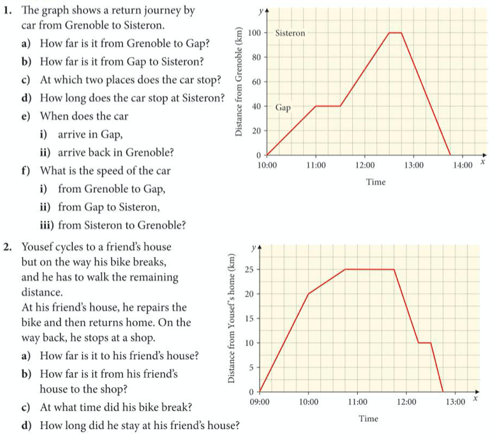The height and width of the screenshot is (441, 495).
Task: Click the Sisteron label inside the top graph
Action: pos(290,33)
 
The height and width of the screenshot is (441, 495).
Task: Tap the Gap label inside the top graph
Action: pos(283,108)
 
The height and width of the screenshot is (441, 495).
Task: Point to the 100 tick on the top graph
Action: pos(255,33)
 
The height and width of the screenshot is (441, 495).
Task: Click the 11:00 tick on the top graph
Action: pos(316,166)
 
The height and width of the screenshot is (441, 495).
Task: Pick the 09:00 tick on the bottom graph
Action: pos(260,402)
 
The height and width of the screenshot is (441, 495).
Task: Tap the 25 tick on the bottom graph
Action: pos(251,269)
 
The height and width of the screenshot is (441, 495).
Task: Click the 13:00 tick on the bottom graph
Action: pos(455,402)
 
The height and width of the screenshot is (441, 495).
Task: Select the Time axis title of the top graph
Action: pos(376,182)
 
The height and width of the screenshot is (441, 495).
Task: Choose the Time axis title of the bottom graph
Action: pos(368,419)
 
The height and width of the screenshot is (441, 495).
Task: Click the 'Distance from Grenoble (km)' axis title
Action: pos(239,81)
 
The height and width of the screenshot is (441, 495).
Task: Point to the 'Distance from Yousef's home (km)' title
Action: pos(232,318)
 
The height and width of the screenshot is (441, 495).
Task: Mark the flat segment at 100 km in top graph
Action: pos(395,33)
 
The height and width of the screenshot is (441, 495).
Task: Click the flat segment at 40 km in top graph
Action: pos(328,106)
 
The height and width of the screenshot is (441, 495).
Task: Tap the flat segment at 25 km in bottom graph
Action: pos(369,269)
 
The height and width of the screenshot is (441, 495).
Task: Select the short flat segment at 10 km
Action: pos(424,343)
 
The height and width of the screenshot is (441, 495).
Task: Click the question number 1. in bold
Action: pos(8,11)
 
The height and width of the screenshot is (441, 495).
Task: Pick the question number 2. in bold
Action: pos(8,246)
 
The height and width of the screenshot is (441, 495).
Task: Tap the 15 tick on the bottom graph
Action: pos(251,318)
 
